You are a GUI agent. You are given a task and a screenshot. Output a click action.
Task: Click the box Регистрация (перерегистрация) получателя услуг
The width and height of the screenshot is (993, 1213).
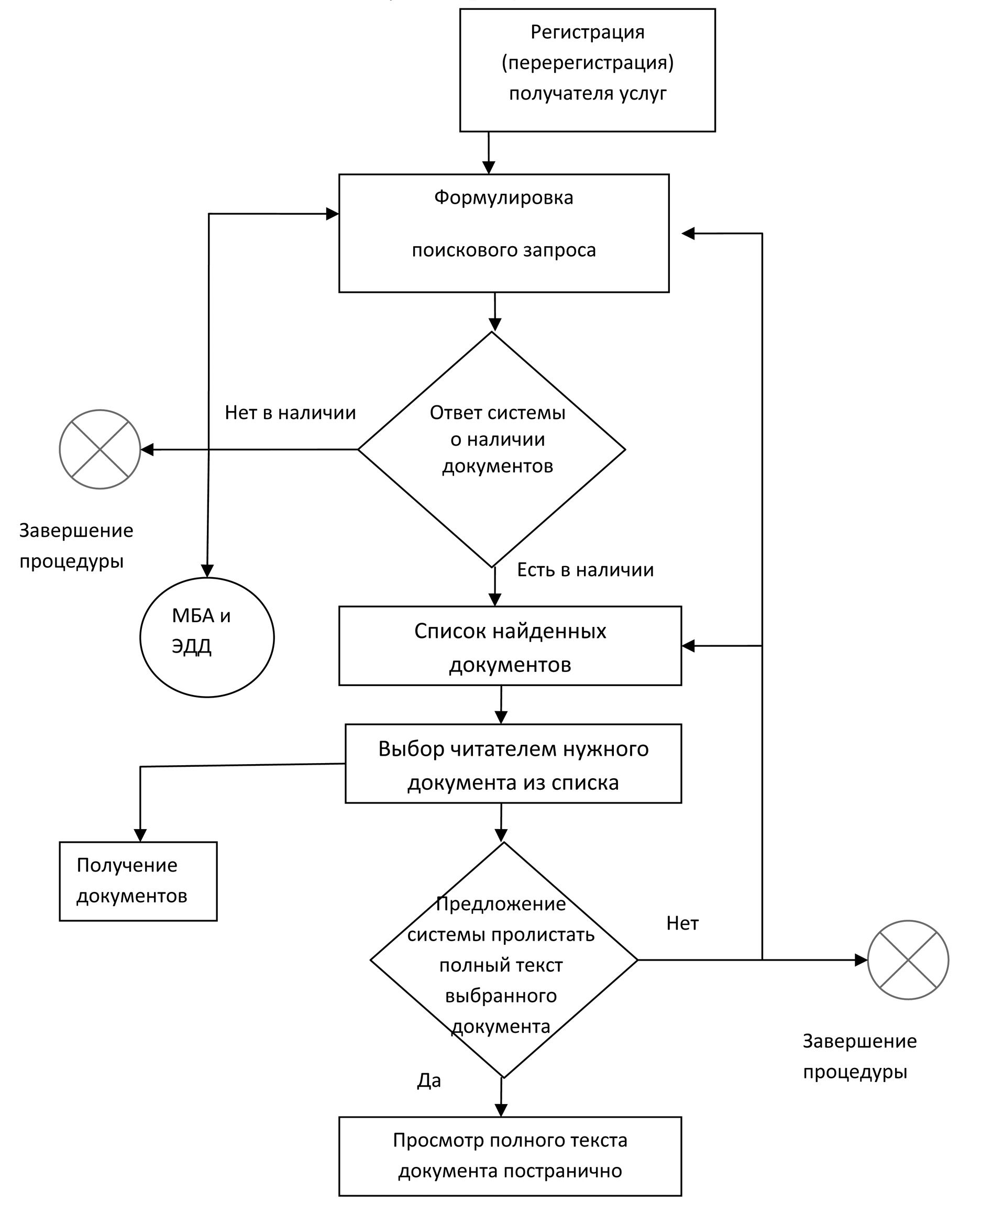coord(588,70)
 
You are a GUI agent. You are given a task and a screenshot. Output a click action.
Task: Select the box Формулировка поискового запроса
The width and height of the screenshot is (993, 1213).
coord(504,234)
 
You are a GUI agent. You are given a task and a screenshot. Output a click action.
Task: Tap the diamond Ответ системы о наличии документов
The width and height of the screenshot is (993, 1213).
coord(492,449)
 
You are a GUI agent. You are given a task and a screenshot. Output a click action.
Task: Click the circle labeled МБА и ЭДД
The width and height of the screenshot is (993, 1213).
coord(207,637)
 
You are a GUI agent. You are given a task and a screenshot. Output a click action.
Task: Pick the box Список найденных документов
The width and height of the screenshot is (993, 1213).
coord(510,646)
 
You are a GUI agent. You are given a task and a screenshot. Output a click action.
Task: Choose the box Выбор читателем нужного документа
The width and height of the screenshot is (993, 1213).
coord(513,764)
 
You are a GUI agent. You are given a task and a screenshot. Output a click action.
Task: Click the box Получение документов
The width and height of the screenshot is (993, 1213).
coord(138,881)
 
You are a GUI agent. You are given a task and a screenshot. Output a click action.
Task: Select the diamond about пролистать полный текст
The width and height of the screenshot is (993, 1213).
coord(504,960)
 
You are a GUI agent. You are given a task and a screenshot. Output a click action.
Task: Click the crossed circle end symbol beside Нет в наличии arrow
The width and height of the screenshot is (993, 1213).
coord(100,449)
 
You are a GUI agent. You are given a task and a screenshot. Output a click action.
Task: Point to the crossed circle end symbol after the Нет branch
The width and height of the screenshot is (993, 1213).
coord(908,960)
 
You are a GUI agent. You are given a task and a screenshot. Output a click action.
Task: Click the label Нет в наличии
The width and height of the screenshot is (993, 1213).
coord(291,412)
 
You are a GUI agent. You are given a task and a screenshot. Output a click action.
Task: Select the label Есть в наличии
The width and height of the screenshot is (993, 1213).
coord(586,570)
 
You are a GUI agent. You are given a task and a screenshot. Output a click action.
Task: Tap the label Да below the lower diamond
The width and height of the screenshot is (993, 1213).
coord(429,1080)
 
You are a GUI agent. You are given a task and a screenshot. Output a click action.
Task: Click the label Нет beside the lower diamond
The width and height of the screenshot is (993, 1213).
coord(682,923)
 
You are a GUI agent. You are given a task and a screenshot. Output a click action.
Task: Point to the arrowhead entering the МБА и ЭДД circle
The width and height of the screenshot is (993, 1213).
coord(207,571)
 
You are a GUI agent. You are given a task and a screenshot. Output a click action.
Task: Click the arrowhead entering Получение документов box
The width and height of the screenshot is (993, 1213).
coord(140,835)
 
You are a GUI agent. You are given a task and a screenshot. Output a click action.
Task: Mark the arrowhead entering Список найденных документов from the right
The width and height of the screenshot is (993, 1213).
coord(688,646)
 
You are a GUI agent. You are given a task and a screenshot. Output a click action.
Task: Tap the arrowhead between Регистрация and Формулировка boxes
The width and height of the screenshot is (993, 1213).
coord(489,167)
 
